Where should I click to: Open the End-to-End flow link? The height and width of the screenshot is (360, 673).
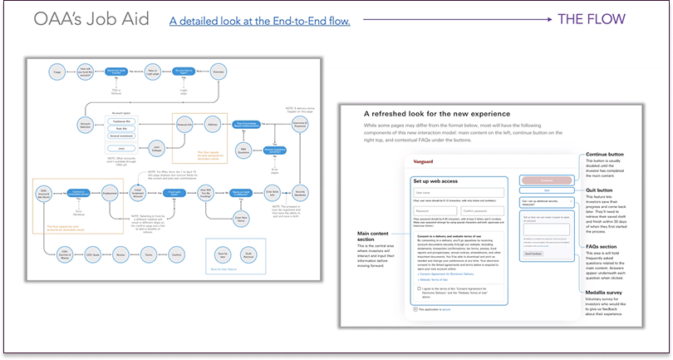tap(259, 20)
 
